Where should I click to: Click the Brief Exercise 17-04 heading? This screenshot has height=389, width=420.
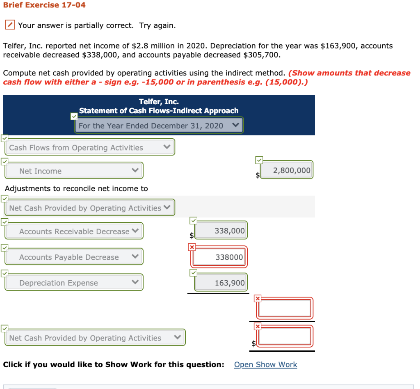44,5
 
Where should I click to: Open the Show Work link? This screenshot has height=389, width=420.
265,364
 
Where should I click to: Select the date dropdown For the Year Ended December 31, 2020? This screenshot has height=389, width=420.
159,126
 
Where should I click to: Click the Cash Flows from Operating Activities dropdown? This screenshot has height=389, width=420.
90,147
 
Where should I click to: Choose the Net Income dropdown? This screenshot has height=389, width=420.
74,171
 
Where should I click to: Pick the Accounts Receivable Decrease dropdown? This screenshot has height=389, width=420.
74,231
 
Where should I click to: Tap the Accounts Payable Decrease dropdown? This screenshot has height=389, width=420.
74,257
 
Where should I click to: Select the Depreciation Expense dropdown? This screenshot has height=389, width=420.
74,283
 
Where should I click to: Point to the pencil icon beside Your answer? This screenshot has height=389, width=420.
10,25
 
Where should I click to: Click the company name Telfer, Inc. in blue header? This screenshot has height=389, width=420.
159,102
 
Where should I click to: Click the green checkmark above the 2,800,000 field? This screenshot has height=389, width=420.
259,160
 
